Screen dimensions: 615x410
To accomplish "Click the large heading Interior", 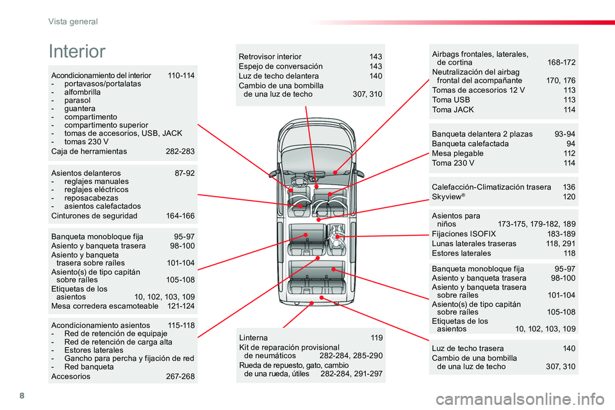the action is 77,51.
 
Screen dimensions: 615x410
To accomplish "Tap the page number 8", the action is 22,395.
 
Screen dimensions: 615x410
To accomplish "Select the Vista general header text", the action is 73,22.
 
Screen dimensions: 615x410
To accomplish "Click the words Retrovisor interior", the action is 270,56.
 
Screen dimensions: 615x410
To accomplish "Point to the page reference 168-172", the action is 561,62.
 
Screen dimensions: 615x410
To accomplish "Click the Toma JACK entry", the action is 453,110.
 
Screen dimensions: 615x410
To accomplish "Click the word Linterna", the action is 254,338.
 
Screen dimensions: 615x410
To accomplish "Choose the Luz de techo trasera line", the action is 468,348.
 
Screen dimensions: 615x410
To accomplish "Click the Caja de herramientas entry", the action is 89,151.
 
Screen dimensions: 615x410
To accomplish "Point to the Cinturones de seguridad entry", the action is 94,216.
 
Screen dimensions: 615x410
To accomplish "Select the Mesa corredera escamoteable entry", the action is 104,306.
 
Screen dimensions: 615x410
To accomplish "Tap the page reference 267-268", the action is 180,376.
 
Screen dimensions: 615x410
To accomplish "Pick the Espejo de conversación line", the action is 281,67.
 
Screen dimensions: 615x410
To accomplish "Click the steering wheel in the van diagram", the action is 299,182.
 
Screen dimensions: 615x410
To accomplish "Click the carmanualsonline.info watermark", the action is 520,399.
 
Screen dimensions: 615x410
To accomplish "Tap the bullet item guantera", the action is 79,109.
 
